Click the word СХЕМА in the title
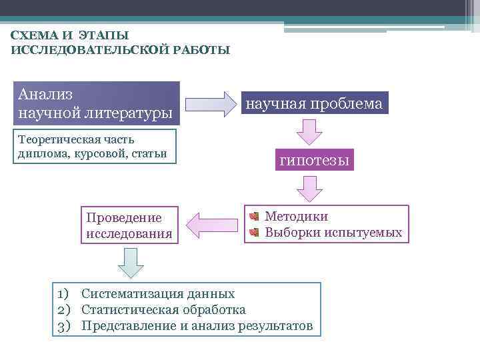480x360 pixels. [32, 35]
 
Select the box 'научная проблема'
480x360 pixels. [314, 104]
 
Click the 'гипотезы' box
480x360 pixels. [314, 161]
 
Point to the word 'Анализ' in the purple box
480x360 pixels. [46, 94]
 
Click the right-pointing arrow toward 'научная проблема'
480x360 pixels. [211, 104]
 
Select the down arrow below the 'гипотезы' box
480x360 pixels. [309, 189]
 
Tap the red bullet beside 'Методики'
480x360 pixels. [254, 217]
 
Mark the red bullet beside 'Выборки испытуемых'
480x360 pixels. [254, 233]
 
